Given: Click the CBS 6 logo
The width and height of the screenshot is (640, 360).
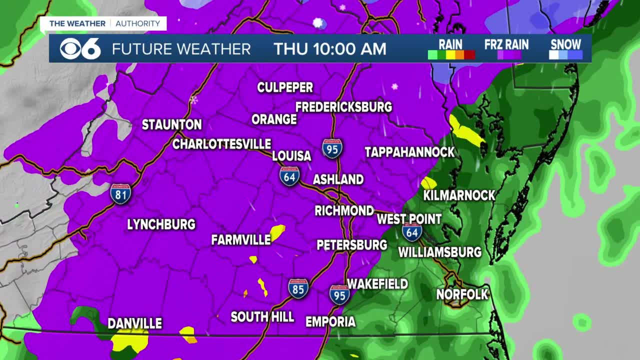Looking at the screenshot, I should coord(80,48).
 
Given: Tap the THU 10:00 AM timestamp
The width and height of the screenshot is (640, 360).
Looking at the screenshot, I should coord(329,49).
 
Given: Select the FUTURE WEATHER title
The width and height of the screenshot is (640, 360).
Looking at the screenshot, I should coord(181,49).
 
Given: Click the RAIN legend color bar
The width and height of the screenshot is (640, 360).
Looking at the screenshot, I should coord(451,55).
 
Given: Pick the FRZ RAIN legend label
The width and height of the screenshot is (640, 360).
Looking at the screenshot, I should coord(506,44).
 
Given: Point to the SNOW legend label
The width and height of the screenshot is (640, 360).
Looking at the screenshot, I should coord(565,44).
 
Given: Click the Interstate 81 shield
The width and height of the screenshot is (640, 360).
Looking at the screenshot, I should coord(120,193).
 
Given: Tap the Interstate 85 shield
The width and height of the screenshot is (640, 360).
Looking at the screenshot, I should coord(298,288).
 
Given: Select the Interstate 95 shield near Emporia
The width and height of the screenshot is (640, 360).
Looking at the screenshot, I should coord(339,294).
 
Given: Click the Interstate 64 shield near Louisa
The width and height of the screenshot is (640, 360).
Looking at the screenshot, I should coord(289,176).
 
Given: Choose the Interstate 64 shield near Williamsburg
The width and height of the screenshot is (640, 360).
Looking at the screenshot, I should coord(412,231).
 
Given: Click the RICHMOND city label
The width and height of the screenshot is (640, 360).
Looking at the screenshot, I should coord(344,210).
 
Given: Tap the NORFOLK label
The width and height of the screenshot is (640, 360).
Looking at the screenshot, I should coord(461,294).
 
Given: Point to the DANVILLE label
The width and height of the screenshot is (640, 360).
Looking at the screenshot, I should coord(135,323).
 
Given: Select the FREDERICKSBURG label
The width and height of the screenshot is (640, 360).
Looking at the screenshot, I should coord(343,107).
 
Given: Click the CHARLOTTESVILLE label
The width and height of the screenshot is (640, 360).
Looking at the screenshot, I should coord(221,144).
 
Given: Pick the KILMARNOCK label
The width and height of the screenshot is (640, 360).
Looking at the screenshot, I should coord(459,195).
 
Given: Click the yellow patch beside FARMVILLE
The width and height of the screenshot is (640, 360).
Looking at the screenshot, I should coord(278,231).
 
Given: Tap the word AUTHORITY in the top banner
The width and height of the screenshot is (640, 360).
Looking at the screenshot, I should coord(138,23).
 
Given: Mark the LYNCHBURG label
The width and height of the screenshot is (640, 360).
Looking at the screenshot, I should coord(161,224).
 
